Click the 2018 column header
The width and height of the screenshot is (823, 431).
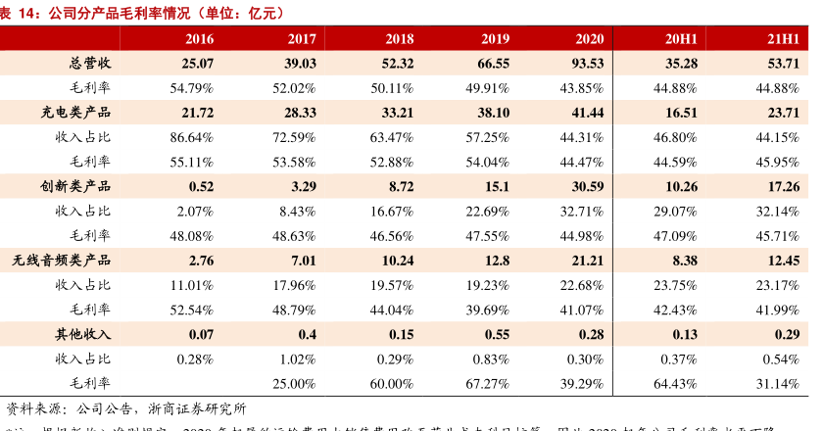(x=399, y=39)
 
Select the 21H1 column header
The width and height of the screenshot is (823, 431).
(x=784, y=39)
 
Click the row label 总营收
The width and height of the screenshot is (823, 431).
(x=89, y=64)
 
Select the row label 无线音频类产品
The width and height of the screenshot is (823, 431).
(x=62, y=260)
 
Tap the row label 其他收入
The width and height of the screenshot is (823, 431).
(x=82, y=334)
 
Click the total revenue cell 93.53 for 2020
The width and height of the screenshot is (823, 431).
(x=584, y=64)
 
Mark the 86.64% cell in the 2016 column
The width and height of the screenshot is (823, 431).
(x=191, y=137)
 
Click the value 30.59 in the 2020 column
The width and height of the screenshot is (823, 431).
(x=584, y=186)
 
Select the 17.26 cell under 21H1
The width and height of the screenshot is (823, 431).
(x=783, y=186)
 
